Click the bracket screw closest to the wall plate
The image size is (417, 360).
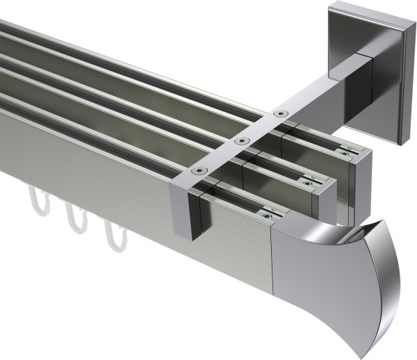279,113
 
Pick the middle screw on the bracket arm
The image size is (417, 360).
241,140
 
